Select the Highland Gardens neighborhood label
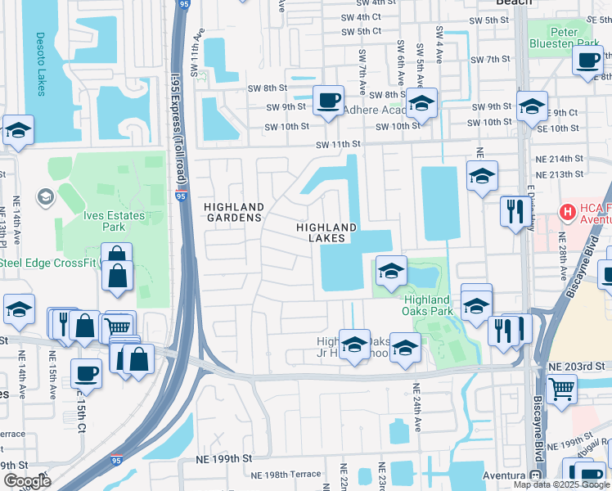coord(234,213)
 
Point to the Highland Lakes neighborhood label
coord(326,232)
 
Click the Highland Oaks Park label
coord(427,305)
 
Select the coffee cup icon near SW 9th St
coord(328,101)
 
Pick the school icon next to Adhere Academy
coord(422,104)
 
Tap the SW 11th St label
coord(340,144)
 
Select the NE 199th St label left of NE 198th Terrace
coord(222,461)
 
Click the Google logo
coord(28,481)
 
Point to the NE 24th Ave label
coord(416,408)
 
